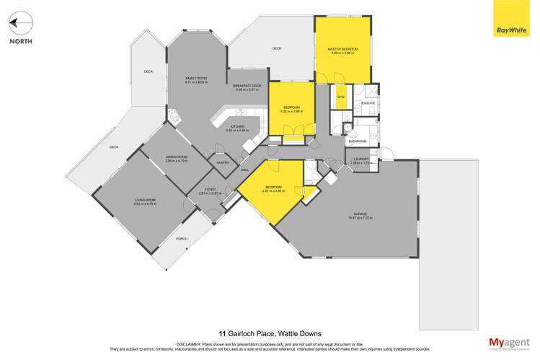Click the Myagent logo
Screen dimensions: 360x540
pos(509,343)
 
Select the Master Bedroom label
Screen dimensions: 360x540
pos(342,50)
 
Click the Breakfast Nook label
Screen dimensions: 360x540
pos(247,87)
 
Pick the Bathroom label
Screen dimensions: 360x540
pos(358,141)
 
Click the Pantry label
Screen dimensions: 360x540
pos(223,163)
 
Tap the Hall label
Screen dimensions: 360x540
pos(244,170)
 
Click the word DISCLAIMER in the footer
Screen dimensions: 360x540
pos(195,343)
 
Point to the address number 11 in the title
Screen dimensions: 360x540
pos(222,333)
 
